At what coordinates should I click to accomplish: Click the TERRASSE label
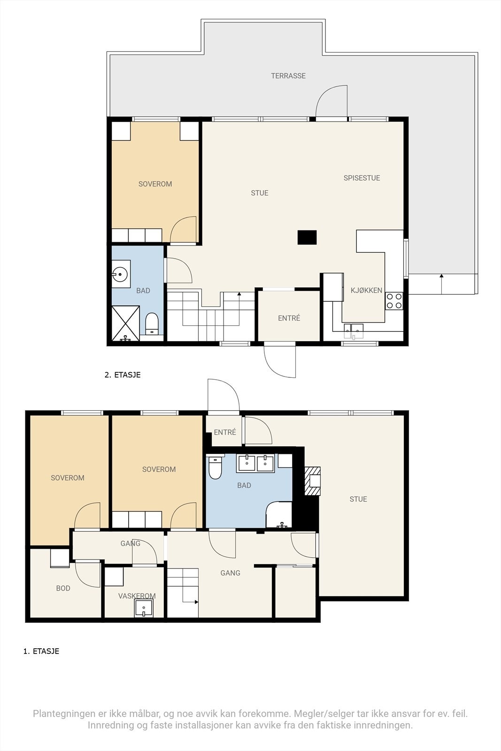pos(288,76)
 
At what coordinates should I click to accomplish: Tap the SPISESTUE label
pos(362,178)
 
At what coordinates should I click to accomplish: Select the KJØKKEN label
pos(366,291)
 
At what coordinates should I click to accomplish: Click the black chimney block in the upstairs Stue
pos(307,237)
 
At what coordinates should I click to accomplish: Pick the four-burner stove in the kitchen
pos(394,300)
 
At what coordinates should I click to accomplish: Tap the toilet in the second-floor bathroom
pos(152,323)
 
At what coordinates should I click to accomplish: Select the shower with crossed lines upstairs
pos(125,323)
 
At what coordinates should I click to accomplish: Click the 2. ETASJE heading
pos(123,375)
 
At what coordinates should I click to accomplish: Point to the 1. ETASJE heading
pos(41,651)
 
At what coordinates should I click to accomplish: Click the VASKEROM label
pos(137,596)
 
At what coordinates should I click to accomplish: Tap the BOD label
pos(63,588)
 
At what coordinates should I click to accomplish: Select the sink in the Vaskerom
pos(144,608)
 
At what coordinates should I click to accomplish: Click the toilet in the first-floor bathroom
pos(215,467)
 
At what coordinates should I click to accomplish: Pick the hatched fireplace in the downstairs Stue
pos(312,481)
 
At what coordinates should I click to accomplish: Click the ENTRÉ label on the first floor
pos(225,432)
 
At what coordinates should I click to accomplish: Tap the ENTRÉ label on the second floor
pos(289,318)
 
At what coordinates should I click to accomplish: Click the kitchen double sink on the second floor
pos(354,330)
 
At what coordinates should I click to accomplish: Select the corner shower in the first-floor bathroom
pos(279,515)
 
